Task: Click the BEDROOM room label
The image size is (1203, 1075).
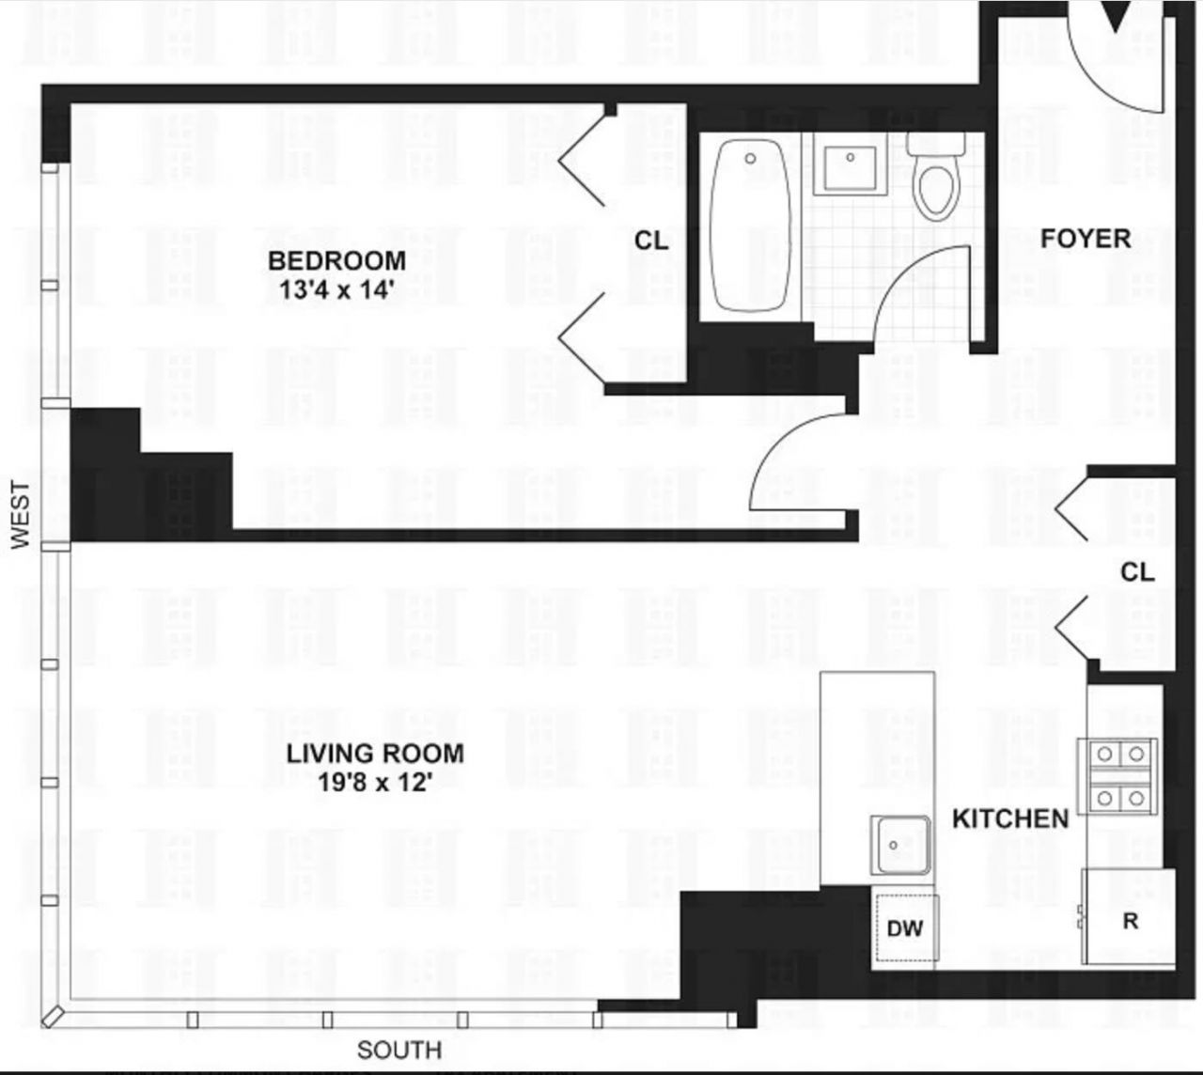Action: [x=336, y=261]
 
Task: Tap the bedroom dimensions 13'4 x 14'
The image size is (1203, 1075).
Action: [x=336, y=290]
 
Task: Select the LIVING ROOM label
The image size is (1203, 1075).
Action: [x=375, y=754]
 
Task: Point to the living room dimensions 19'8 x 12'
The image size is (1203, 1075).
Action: [x=374, y=783]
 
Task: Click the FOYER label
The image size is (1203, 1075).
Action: [x=1086, y=239]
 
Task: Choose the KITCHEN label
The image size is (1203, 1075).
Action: [x=1010, y=819]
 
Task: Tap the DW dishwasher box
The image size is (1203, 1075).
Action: [x=905, y=928]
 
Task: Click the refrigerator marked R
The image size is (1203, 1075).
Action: [x=1129, y=917]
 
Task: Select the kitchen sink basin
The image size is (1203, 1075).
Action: [x=900, y=846]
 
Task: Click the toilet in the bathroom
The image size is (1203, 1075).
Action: [x=936, y=175]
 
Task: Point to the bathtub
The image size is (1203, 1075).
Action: [x=751, y=226]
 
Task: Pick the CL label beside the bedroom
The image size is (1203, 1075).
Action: [x=651, y=241]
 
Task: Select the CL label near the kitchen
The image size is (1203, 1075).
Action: [x=1138, y=571]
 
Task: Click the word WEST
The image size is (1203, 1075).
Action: [x=20, y=515]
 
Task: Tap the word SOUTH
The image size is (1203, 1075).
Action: [x=399, y=1050]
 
